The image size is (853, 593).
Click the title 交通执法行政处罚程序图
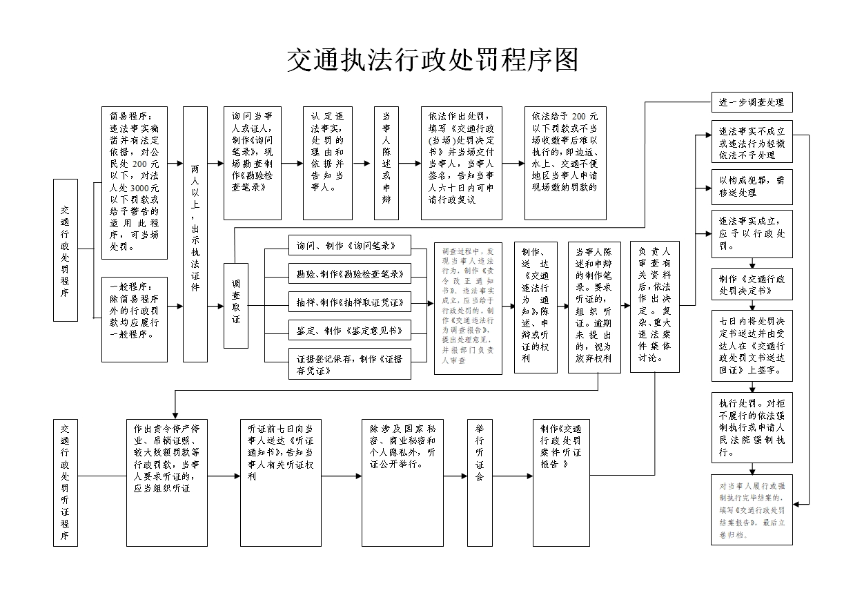coord(432,61)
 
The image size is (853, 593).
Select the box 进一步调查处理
coord(752,102)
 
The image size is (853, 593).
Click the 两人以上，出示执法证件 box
coord(195,234)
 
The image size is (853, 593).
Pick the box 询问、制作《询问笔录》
coord(349,245)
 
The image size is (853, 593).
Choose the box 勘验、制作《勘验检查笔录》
coord(349,274)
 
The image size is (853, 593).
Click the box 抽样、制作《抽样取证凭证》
coord(349,302)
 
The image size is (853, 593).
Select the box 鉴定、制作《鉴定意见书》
coord(349,331)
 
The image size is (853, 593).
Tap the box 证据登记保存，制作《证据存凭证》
coord(349,364)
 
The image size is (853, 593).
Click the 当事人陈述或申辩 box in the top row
coord(386,163)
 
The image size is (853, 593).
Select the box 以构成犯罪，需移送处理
coord(752,186)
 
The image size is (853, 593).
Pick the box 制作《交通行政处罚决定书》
coord(752,284)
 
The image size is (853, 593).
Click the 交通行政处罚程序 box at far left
coord(66,250)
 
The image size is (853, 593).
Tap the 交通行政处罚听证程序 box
coord(66,482)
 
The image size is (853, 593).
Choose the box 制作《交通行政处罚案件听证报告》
coord(561,482)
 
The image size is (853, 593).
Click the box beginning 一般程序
coord(135,319)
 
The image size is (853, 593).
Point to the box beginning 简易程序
coord(135,183)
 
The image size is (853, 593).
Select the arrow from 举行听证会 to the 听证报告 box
coord(511,476)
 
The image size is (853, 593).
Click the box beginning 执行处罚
coord(752,427)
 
